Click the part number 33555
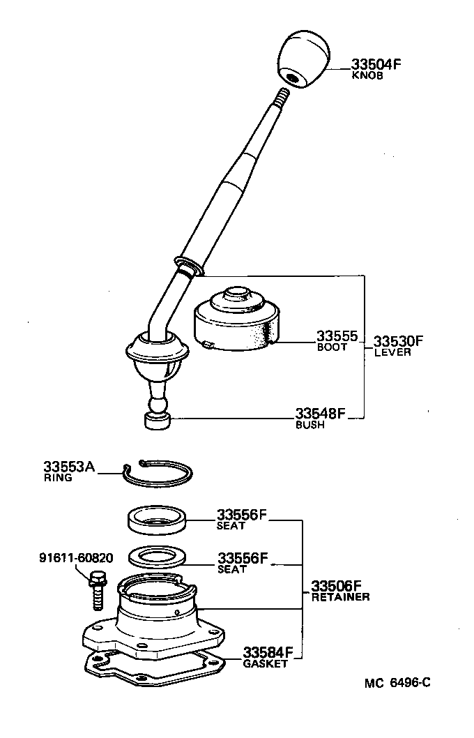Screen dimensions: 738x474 [337, 336]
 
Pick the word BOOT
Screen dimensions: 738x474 [331, 347]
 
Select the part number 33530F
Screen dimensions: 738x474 [399, 341]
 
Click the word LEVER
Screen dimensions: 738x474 [392, 353]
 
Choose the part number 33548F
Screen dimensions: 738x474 [320, 413]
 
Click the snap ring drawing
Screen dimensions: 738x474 [158, 474]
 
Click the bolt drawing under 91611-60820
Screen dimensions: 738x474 [97, 586]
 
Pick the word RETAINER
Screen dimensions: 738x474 [340, 597]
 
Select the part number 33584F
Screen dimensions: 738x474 [267, 653]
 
